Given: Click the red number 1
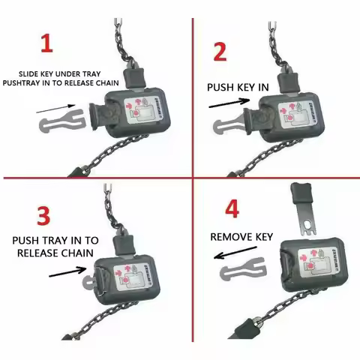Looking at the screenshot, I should click(47, 42).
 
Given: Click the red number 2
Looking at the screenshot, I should click(219, 52).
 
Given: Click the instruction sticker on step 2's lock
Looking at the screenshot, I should click(296, 112).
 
